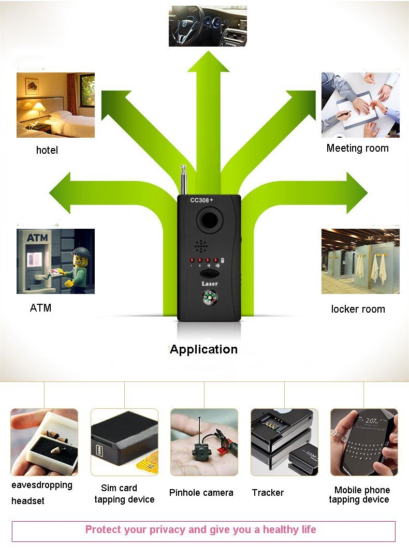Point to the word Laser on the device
pyautogui.click(x=210, y=284)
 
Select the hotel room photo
pyautogui.click(x=55, y=105)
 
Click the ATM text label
pyautogui.click(x=40, y=308)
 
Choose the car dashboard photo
pyautogui.click(x=208, y=26)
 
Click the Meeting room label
pyautogui.click(x=357, y=149)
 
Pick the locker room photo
pyautogui.click(x=360, y=261)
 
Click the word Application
pyautogui.click(x=203, y=349)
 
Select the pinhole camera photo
pyautogui.click(x=204, y=443)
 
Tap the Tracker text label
pyautogui.click(x=268, y=493)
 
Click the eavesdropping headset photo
pyautogui.click(x=44, y=443)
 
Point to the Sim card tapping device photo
pyautogui.click(x=124, y=443)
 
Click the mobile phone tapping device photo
pyautogui.click(x=364, y=443)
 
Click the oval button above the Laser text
pyautogui.click(x=210, y=274)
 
